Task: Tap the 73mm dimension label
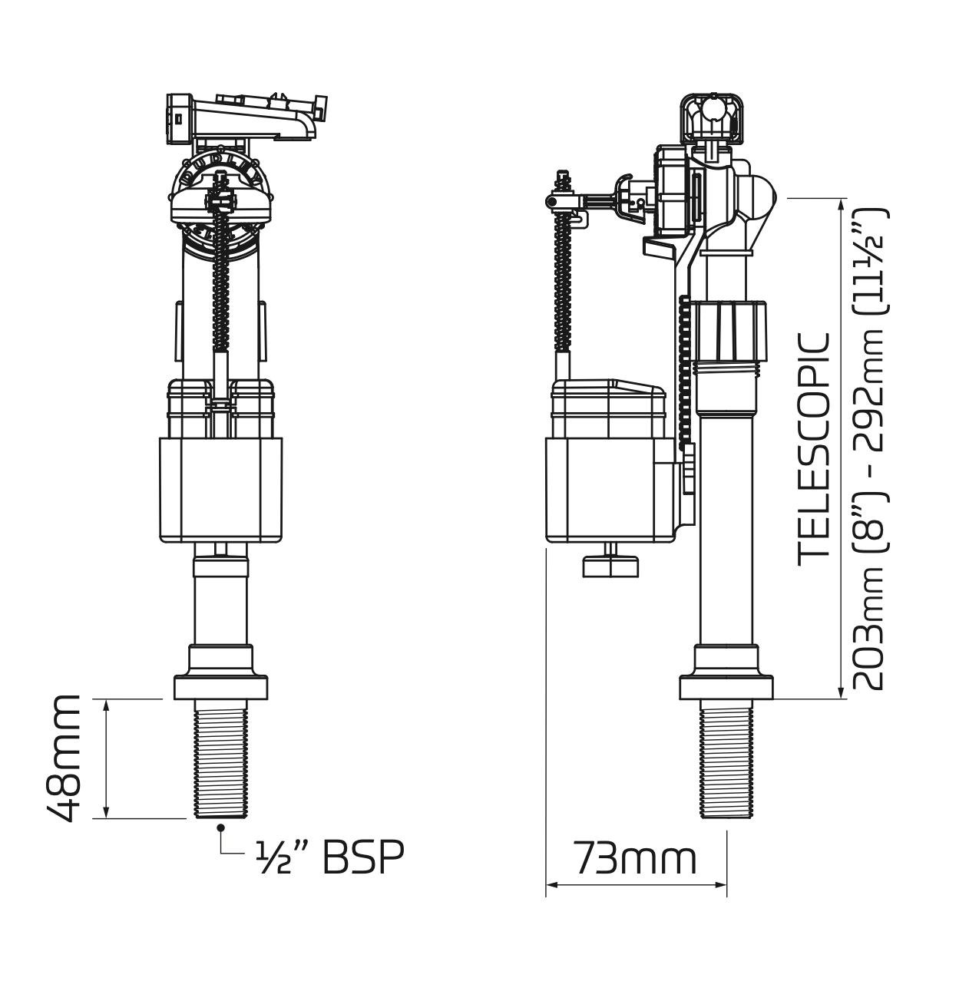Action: [636, 857]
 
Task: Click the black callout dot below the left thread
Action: [221, 827]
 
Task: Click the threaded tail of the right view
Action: [726, 760]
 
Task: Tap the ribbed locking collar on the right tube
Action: [729, 332]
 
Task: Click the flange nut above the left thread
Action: [221, 685]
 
